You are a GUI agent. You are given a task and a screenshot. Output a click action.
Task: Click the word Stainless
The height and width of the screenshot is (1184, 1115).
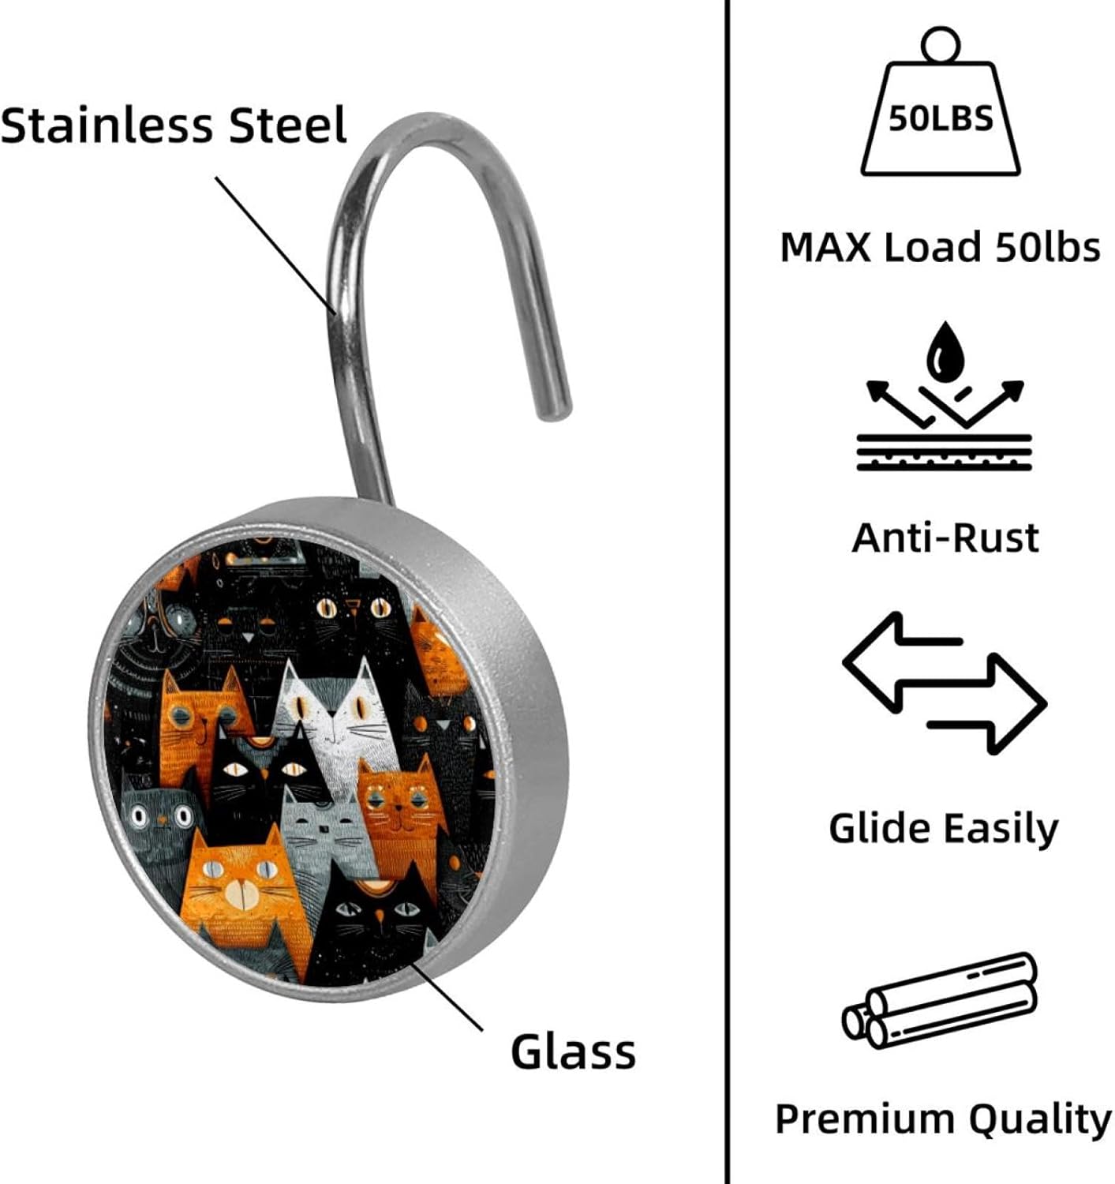[106, 126]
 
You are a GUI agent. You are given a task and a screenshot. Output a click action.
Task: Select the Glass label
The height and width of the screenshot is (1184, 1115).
[573, 1052]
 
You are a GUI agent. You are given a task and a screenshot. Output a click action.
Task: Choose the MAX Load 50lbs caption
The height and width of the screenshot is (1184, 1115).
[940, 247]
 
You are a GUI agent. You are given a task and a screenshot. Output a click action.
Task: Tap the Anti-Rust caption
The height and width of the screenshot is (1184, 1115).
[945, 538]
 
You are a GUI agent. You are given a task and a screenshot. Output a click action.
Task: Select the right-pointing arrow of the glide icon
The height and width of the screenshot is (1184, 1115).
[994, 703]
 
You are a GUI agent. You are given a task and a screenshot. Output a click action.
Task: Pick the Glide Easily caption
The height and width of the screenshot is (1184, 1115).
[943, 828]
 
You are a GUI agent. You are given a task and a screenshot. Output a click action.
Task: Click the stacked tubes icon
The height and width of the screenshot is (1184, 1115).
[939, 1001]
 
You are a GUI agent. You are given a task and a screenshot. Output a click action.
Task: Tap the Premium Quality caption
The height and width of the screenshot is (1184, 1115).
[943, 1119]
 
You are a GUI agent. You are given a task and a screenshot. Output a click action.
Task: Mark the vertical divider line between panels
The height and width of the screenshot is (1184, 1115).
[726, 592]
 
